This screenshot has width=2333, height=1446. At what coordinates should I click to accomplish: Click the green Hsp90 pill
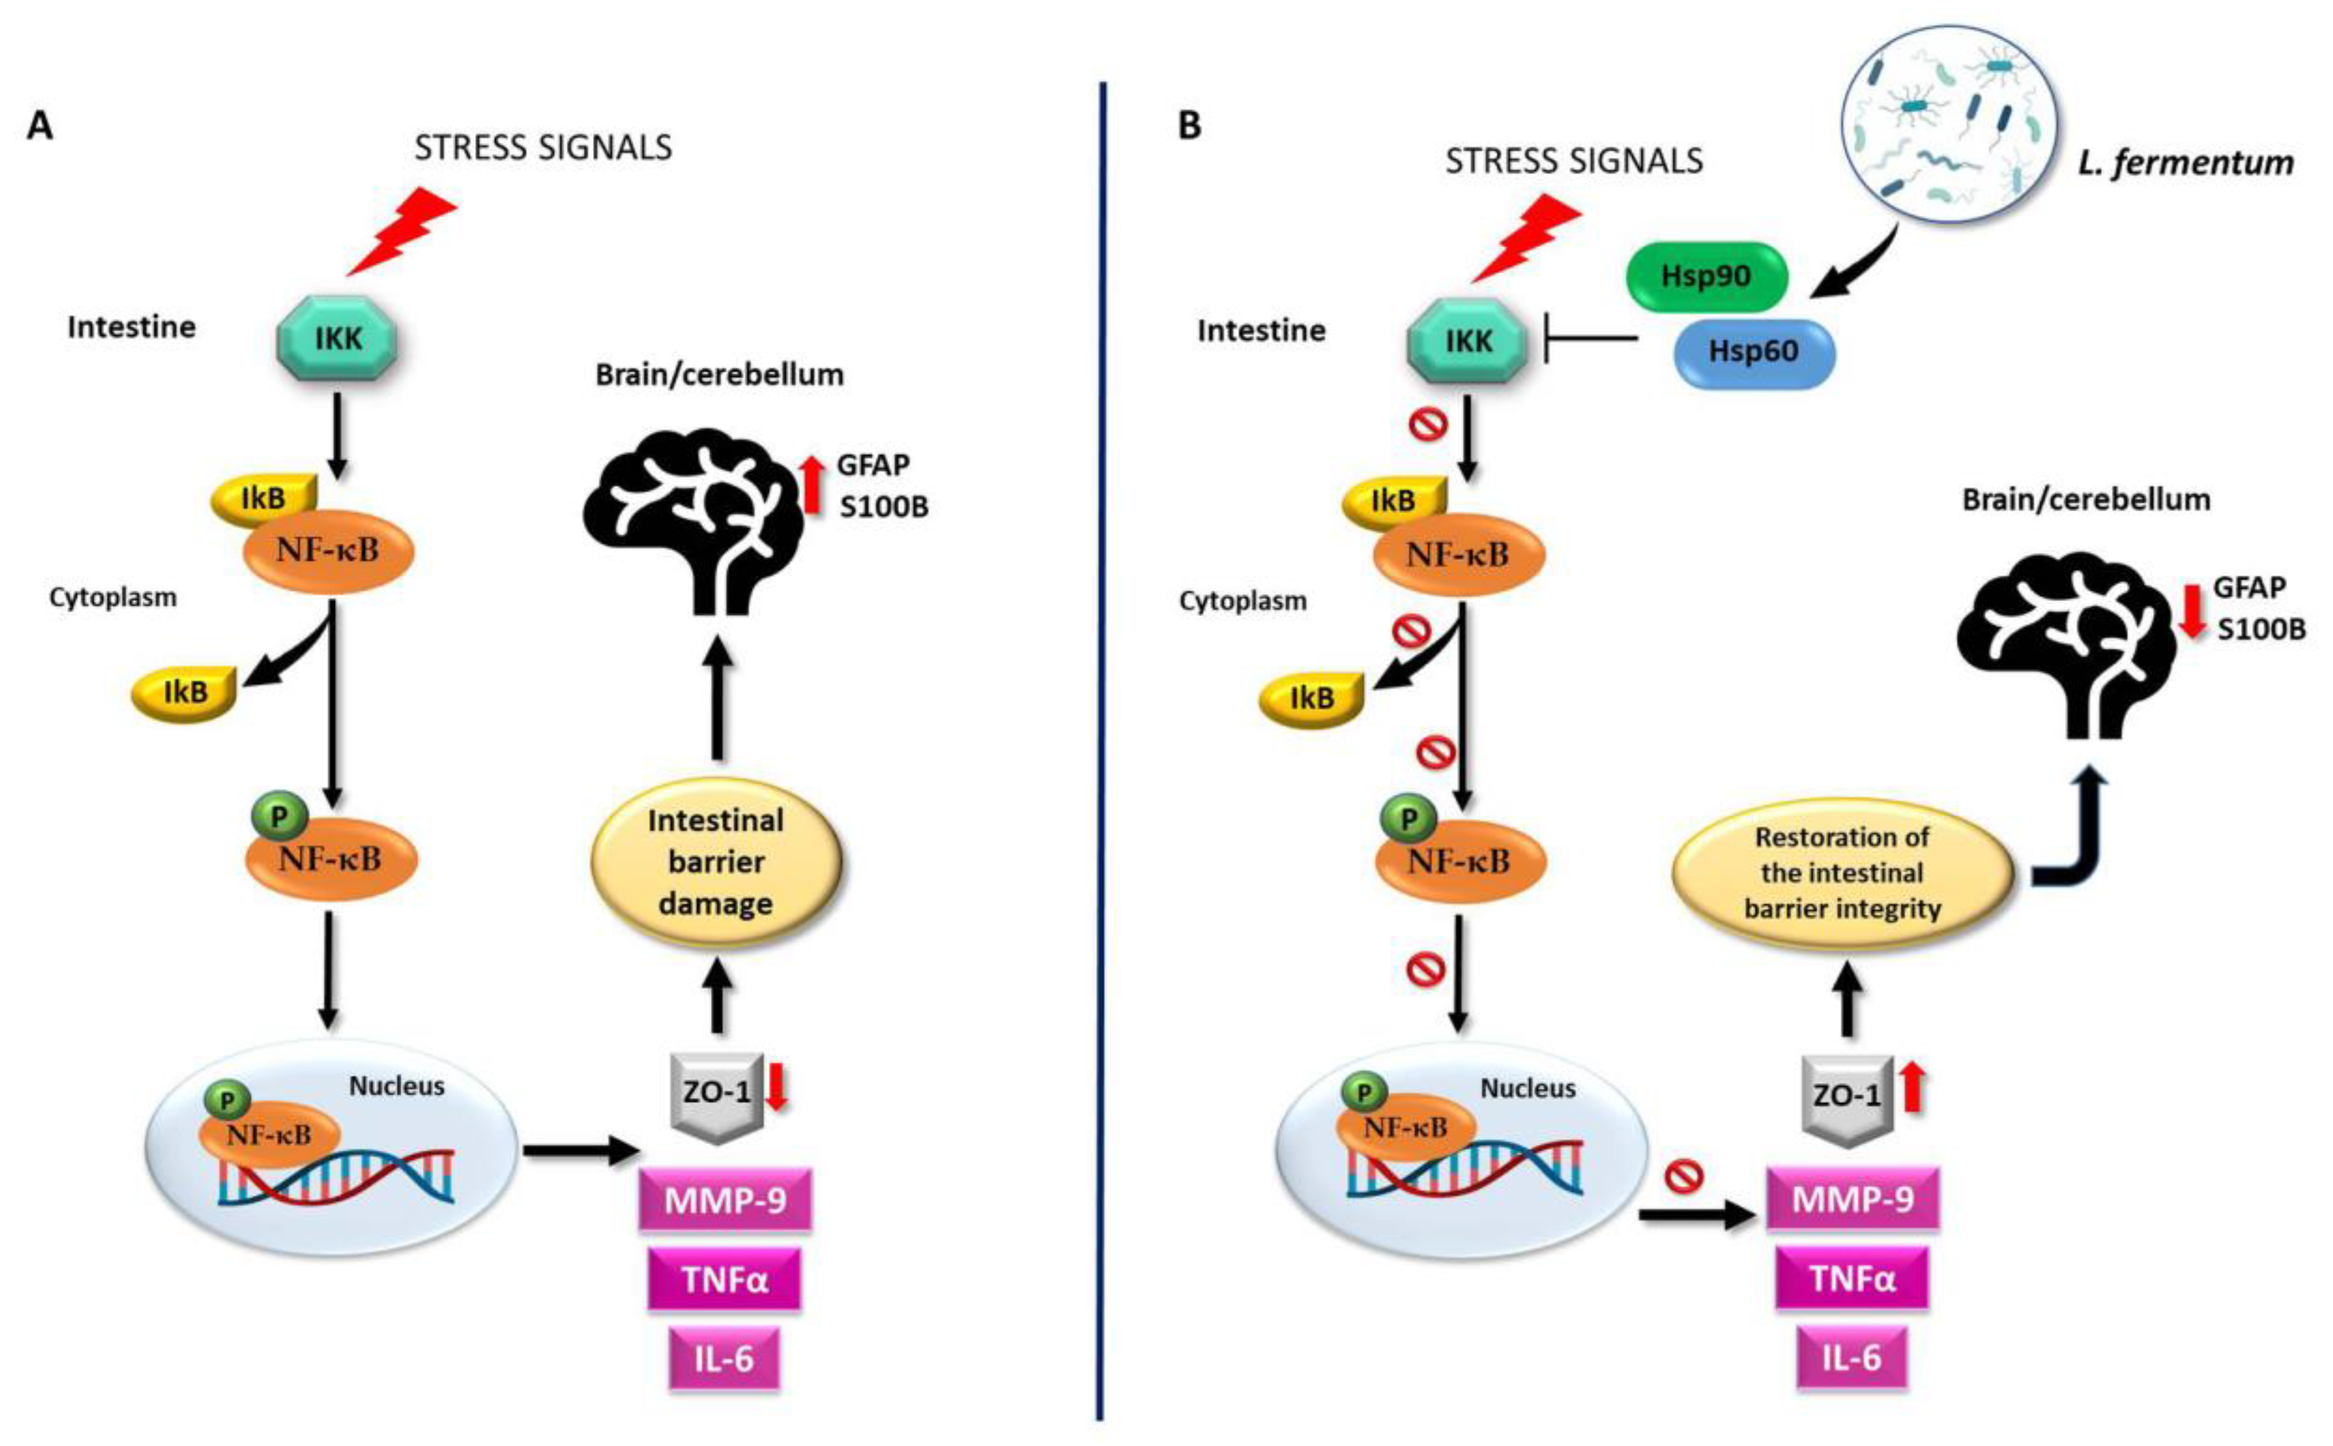(x=1706, y=276)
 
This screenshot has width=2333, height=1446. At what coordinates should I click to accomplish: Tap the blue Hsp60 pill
(x=1754, y=352)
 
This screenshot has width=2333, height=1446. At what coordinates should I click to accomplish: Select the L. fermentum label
(x=2185, y=163)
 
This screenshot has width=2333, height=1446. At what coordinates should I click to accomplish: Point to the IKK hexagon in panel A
(x=337, y=339)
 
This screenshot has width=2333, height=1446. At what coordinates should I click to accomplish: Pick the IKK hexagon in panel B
(x=1468, y=342)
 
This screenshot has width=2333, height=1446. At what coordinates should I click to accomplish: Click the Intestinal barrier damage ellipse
(x=716, y=862)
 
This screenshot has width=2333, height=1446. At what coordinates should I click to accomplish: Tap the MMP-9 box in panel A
(x=724, y=1199)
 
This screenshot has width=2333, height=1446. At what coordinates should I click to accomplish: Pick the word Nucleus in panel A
(x=396, y=1086)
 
